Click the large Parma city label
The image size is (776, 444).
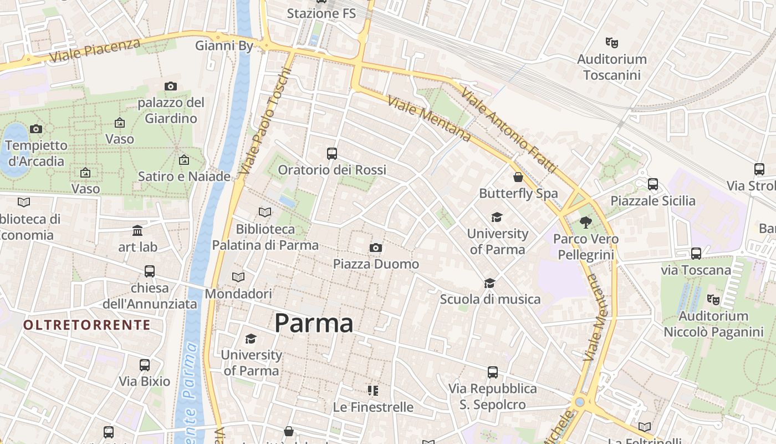pyautogui.click(x=314, y=323)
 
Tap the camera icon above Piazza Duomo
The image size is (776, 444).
pyautogui.click(x=376, y=248)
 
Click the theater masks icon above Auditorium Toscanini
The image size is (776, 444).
pyautogui.click(x=612, y=42)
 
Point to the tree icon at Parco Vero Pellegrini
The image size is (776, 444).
pyautogui.click(x=586, y=223)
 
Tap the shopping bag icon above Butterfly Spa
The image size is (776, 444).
pyautogui.click(x=518, y=177)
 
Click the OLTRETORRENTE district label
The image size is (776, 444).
pyautogui.click(x=87, y=325)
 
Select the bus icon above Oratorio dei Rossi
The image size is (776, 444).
pyautogui.click(x=332, y=154)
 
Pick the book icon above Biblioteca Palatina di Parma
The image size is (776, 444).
pyautogui.click(x=265, y=212)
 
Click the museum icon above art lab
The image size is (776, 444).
pyautogui.click(x=137, y=230)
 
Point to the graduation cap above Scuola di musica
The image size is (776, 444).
pyautogui.click(x=489, y=284)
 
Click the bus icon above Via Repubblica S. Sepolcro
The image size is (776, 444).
pyautogui.click(x=492, y=372)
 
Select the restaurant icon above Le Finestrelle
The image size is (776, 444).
pyautogui.click(x=373, y=391)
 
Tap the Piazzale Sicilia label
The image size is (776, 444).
pyautogui.click(x=653, y=201)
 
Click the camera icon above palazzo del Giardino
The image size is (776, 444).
pyautogui.click(x=171, y=86)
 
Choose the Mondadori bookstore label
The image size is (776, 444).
pyautogui.click(x=238, y=294)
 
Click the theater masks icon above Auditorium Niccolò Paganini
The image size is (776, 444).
pyautogui.click(x=713, y=300)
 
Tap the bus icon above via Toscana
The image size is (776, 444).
pyautogui.click(x=696, y=254)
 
